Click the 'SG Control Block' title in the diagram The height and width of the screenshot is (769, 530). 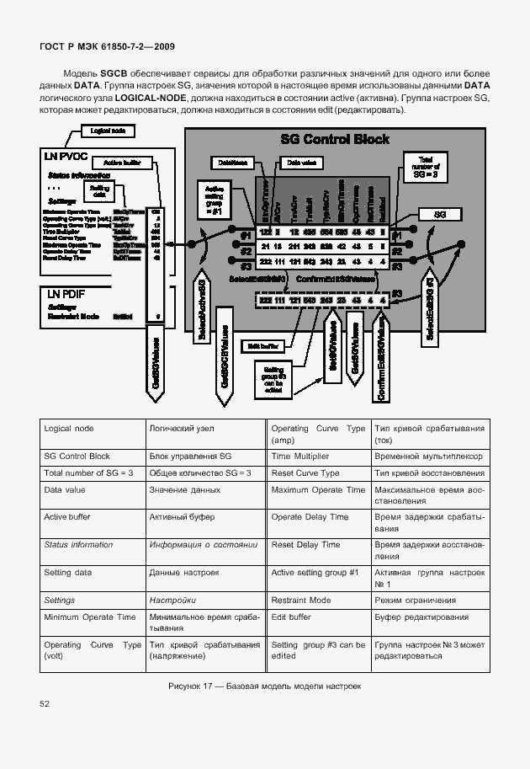[334, 140]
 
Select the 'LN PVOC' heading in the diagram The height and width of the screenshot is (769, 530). [66, 157]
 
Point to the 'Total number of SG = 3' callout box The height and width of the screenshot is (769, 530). [423, 166]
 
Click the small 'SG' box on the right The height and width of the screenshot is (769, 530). [439, 215]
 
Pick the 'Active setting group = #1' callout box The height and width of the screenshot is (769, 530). [214, 199]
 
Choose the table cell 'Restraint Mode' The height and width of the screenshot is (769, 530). [300, 600]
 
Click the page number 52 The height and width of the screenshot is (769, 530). [44, 704]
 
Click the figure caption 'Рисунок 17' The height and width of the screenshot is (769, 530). [264, 686]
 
